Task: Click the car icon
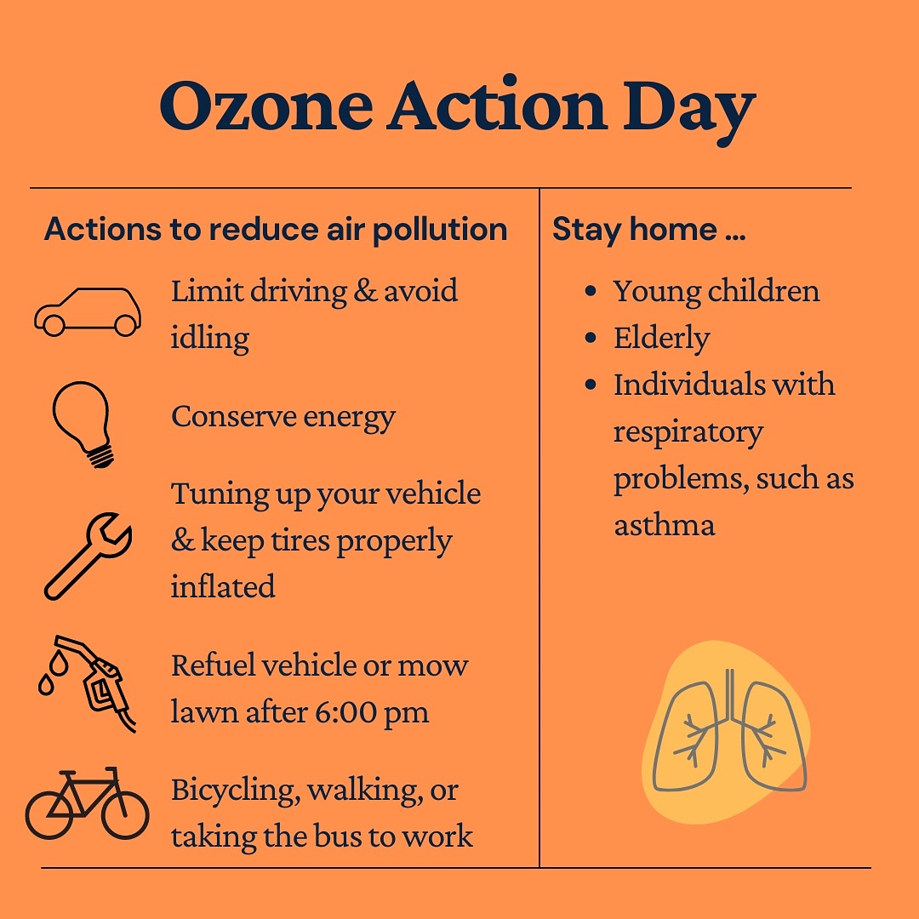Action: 88,312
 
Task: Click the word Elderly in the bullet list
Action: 661,339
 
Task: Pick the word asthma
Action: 665,524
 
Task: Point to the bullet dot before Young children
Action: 591,292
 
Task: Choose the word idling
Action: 210,339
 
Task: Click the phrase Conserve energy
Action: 283,417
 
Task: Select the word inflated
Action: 223,586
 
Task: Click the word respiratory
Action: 688,432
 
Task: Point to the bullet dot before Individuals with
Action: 591,385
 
